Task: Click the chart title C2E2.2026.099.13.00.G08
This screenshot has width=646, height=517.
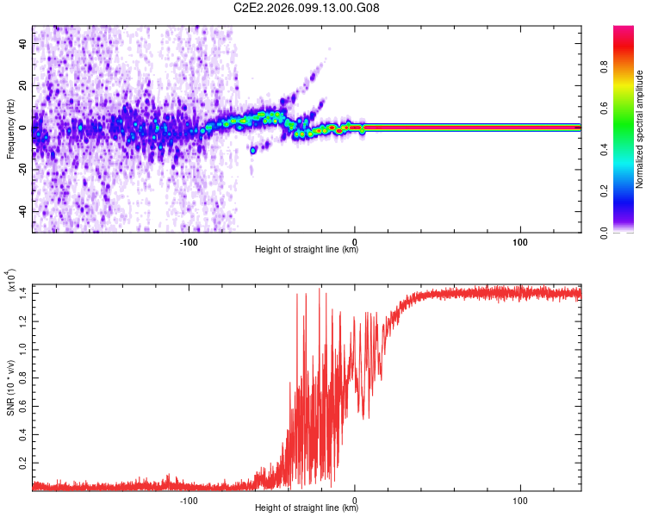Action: click(x=307, y=8)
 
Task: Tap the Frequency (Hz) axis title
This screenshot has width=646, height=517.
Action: click(x=9, y=129)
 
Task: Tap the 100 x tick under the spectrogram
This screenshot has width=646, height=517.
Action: click(x=520, y=241)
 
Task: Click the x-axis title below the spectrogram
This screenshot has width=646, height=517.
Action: click(x=307, y=250)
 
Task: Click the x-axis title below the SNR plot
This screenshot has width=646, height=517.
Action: click(x=307, y=508)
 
